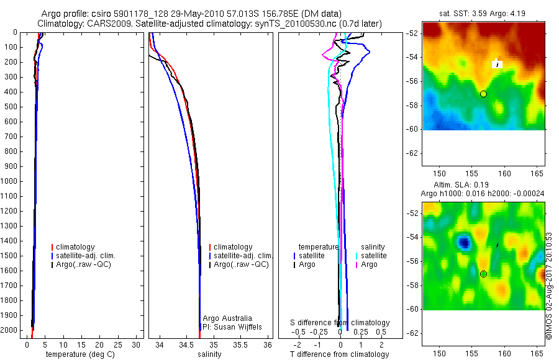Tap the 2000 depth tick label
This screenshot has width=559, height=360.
pos(9,331)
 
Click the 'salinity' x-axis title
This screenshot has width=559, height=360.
pos(209,354)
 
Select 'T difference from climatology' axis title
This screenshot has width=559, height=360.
pos(340,354)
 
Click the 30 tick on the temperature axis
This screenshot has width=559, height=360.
pos(137,344)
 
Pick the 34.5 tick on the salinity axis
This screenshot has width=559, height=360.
pos(186,344)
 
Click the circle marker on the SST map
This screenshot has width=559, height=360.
pos(483,94)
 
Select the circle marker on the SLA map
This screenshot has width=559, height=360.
pos(483,274)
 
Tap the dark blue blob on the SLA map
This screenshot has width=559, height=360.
pos(463,242)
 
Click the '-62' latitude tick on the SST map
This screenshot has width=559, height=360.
pos(412,153)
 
